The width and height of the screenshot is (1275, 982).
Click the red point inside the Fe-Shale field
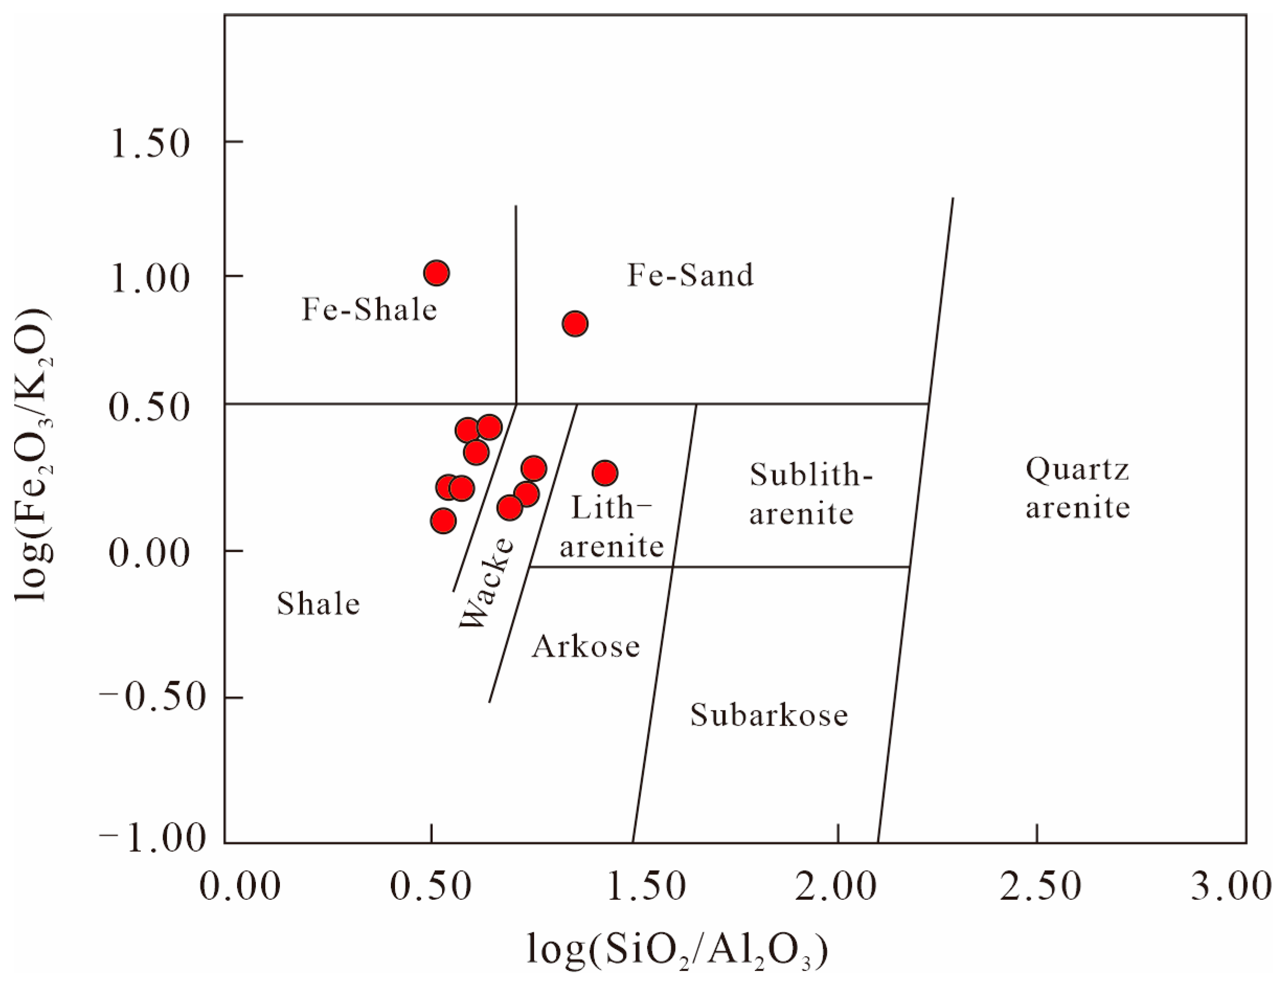pyautogui.click(x=437, y=273)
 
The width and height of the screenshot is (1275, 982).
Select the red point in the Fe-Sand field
pyautogui.click(x=575, y=323)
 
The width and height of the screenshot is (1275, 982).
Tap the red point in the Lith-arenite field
pyautogui.click(x=605, y=473)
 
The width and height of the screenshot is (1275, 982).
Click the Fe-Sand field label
pyautogui.click(x=690, y=276)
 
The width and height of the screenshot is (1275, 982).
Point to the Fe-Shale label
pyautogui.click(x=369, y=309)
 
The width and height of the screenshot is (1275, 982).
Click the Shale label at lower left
pyautogui.click(x=318, y=604)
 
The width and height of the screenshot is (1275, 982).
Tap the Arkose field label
pyautogui.click(x=585, y=646)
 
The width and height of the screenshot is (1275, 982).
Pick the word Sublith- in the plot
pyautogui.click(x=811, y=475)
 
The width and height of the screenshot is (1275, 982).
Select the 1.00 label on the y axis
pyautogui.click(x=151, y=279)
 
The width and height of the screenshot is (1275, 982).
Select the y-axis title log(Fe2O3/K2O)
pyautogui.click(x=34, y=455)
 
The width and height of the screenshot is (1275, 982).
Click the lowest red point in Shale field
pyautogui.click(x=443, y=521)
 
